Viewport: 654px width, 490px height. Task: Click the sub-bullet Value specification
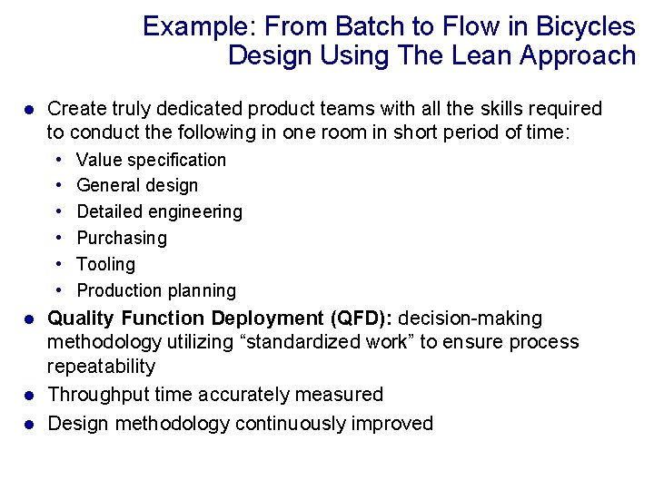[x=151, y=160]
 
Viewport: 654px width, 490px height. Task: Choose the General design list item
[x=136, y=185]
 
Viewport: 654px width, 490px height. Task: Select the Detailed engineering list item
[x=159, y=211]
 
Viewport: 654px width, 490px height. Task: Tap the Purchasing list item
[x=122, y=238]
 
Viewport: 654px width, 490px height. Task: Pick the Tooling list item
[x=105, y=264]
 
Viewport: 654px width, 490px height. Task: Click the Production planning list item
[x=155, y=290]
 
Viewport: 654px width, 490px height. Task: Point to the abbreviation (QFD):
[x=362, y=318]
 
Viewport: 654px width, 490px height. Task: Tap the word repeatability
[x=101, y=367]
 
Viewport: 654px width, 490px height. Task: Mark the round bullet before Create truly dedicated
[x=28, y=110]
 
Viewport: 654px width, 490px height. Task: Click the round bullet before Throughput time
[x=28, y=396]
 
